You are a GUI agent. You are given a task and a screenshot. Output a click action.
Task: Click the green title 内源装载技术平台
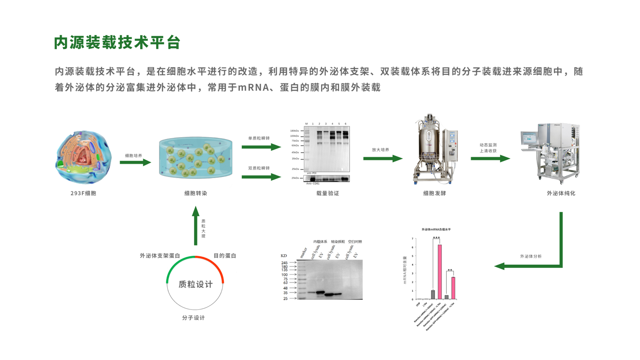(x=117, y=43)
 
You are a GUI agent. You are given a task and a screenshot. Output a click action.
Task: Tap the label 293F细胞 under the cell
(x=83, y=193)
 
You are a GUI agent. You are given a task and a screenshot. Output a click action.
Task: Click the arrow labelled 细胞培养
(x=135, y=163)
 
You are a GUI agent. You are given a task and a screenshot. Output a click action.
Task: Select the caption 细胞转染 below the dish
(x=195, y=193)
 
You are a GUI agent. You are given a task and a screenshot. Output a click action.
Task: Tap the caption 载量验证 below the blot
(x=328, y=193)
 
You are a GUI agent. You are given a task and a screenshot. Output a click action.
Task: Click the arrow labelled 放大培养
(x=382, y=158)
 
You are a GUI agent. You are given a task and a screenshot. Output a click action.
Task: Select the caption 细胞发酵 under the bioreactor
(x=434, y=193)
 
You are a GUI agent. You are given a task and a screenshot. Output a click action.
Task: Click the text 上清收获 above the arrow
(x=488, y=151)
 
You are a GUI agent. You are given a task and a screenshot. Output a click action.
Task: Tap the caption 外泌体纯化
(x=561, y=193)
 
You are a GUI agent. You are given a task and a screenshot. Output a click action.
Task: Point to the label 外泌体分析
(x=531, y=256)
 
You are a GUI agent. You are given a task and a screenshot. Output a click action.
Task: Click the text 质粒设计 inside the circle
(x=195, y=284)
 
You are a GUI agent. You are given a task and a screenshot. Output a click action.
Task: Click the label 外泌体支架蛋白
(x=160, y=256)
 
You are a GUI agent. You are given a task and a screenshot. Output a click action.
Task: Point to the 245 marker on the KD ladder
(x=285, y=263)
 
